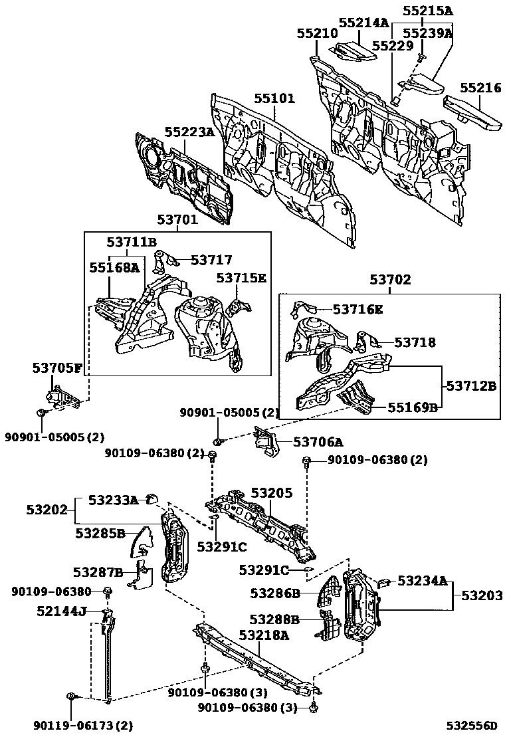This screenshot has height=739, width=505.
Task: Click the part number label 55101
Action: point(274,99)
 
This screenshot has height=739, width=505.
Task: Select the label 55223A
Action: point(189,132)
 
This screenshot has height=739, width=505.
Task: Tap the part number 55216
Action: point(480,87)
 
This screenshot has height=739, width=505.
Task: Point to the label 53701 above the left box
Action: point(177,219)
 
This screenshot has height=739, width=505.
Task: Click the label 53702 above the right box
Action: point(390,280)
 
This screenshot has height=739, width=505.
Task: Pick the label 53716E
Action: point(357,309)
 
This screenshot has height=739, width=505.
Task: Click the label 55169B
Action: point(413,407)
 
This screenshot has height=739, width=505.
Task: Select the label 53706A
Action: point(318,442)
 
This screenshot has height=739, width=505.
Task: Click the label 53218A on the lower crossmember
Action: point(264,635)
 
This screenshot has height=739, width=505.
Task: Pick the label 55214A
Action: point(363,22)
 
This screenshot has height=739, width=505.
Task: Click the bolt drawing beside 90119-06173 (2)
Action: point(70,696)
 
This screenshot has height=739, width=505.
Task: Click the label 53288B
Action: point(274,619)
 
